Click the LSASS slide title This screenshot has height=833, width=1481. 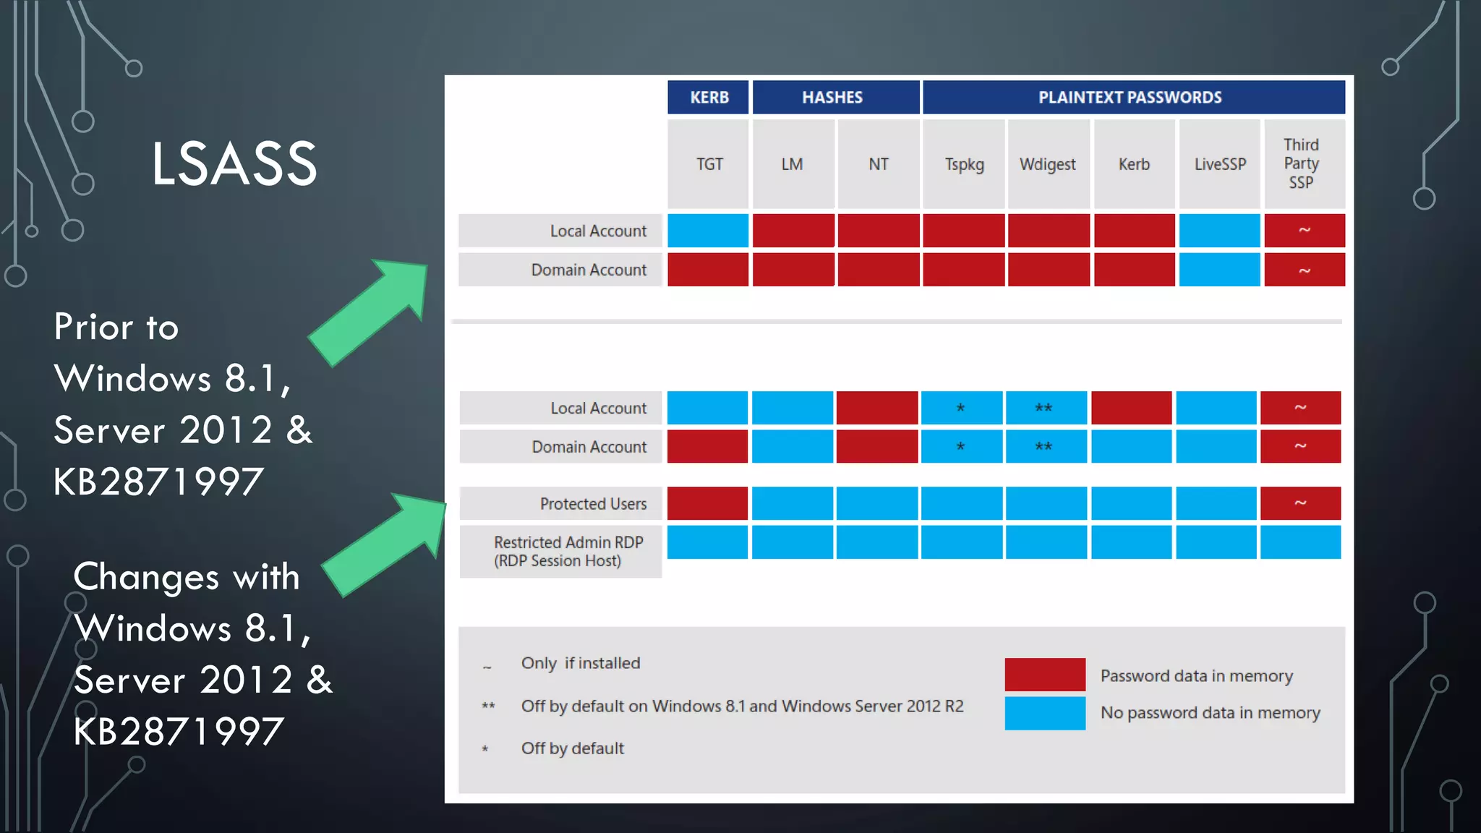point(234,164)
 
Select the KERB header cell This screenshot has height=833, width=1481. point(708,98)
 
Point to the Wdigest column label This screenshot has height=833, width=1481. point(1047,164)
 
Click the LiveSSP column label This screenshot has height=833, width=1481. point(1219,164)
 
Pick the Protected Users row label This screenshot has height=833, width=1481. point(593,503)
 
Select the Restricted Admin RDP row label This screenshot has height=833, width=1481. point(568,551)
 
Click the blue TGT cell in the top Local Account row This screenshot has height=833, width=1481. point(707,230)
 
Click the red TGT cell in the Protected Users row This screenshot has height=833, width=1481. point(707,503)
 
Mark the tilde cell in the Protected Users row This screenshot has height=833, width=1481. point(1299,503)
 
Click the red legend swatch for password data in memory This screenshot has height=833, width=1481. point(1044,674)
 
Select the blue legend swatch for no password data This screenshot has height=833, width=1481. point(1044,713)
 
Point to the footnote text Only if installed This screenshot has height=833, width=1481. point(580,663)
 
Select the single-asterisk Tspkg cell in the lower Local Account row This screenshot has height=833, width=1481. point(961,408)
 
